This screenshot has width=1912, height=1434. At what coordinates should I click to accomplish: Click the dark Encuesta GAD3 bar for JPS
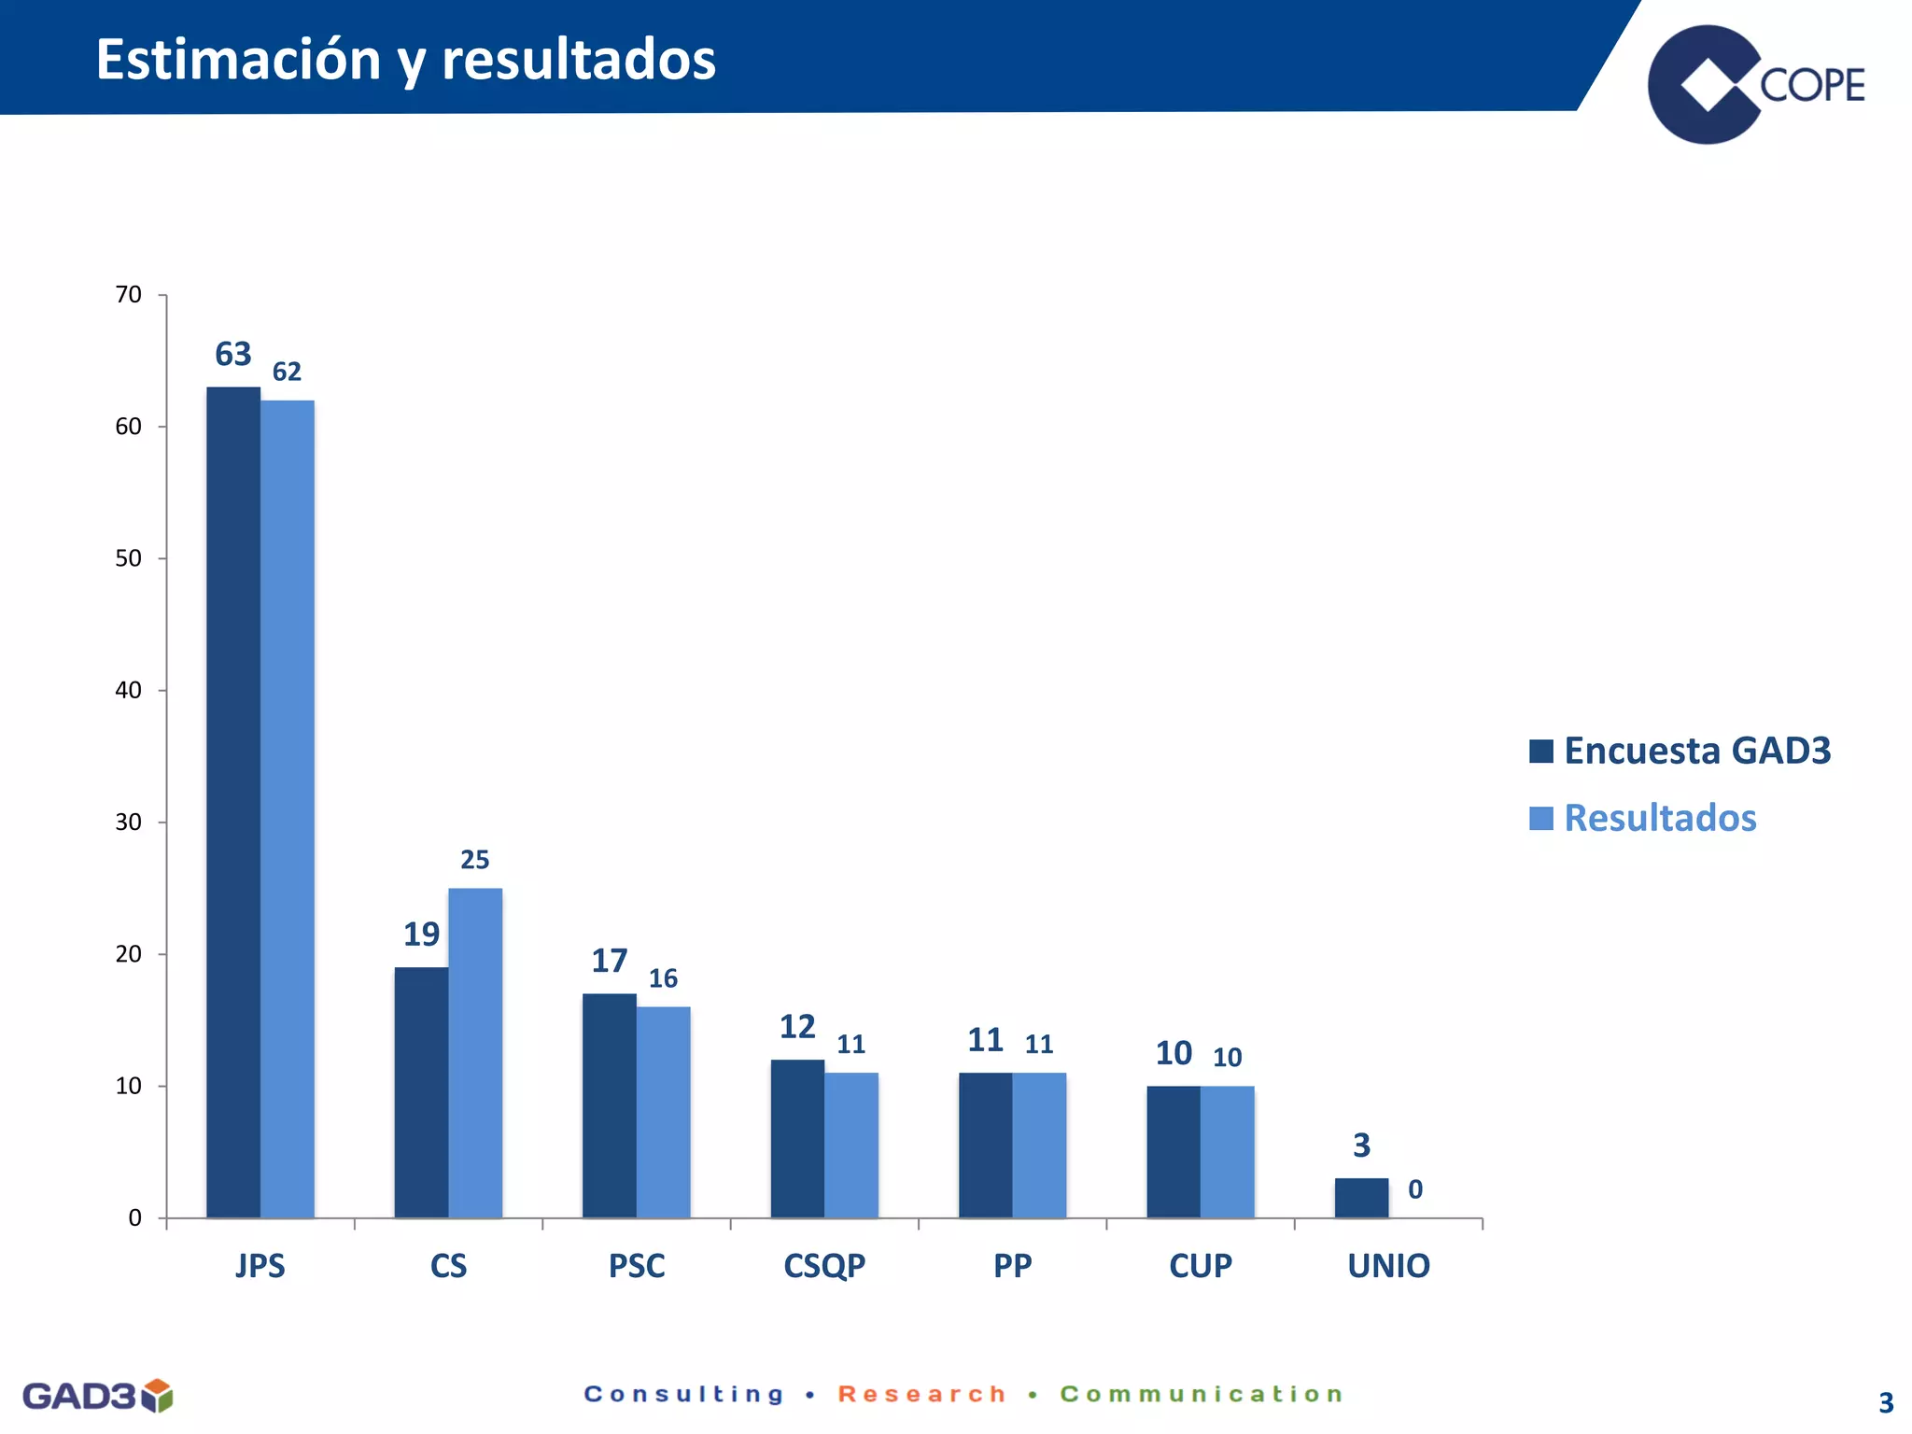[x=233, y=803]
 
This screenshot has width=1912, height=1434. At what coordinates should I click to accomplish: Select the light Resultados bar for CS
[x=475, y=1053]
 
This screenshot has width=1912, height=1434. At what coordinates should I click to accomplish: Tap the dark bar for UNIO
[x=1361, y=1198]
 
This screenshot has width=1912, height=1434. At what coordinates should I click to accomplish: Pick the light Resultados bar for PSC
[x=664, y=1112]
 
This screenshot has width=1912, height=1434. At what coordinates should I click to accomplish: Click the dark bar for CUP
[x=1174, y=1151]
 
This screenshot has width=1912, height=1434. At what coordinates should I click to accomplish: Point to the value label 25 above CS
[x=475, y=860]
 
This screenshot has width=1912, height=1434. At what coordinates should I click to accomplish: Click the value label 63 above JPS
[x=233, y=355]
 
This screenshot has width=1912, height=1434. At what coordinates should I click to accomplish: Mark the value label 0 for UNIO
[x=1415, y=1189]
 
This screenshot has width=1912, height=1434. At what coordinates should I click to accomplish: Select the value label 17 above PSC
[x=610, y=961]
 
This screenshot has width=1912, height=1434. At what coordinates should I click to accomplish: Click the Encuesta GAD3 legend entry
[x=1680, y=751]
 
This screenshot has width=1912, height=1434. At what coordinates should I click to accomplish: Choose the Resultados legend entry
[x=1643, y=818]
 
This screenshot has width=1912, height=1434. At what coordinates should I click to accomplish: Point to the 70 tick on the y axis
[x=129, y=295]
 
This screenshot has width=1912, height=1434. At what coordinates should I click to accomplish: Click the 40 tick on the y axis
[x=129, y=691]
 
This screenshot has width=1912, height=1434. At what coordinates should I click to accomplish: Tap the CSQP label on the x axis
[x=824, y=1266]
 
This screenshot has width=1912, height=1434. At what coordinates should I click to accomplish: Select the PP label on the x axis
[x=1013, y=1266]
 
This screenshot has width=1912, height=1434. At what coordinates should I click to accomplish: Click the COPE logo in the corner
[x=1755, y=84]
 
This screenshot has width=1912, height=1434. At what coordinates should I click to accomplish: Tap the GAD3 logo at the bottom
[x=97, y=1396]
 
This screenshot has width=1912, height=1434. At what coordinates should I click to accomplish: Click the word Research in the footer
[x=922, y=1394]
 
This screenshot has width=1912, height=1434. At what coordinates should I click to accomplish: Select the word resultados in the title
[x=579, y=60]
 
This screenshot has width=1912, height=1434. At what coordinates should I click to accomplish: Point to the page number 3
[x=1886, y=1402]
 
